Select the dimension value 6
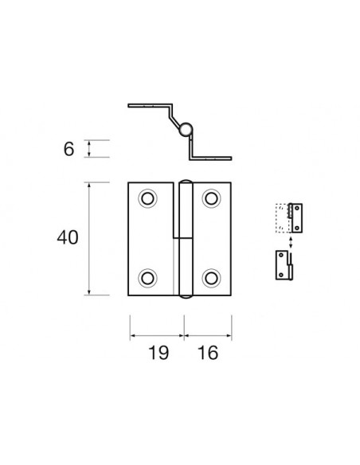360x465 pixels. click(69, 149)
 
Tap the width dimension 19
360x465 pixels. click(158, 353)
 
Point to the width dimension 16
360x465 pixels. click(209, 353)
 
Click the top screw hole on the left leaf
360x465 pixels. click(147, 199)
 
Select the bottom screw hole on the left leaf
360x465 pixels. click(147, 277)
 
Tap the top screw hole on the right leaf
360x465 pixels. click(211, 199)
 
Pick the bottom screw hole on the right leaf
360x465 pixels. click(211, 277)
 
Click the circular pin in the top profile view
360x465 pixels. click(185, 129)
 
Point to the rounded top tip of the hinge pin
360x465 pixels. click(185, 181)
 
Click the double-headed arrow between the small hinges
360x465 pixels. click(290, 240)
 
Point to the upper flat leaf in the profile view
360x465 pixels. click(150, 106)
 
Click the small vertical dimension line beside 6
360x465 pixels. click(89, 149)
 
